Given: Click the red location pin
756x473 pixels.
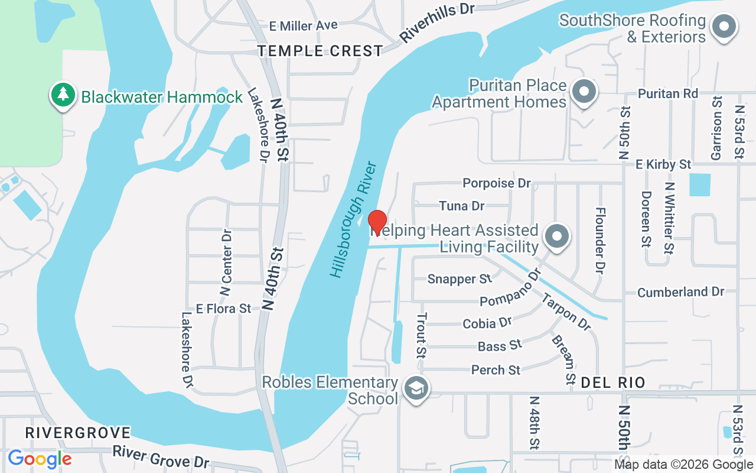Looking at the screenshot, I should tap(377, 222).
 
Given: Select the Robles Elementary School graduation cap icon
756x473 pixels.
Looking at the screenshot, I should tap(417, 389).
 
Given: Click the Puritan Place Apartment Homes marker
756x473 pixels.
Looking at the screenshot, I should tap(584, 92).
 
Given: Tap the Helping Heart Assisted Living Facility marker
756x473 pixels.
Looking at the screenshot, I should tap(556, 236).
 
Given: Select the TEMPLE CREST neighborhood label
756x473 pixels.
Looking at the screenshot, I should tap(321, 51).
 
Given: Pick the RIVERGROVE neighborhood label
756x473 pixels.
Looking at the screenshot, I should tap(77, 433).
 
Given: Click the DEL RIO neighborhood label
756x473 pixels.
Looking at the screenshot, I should tap(612, 383).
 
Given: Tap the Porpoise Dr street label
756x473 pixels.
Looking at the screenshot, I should tap(497, 183).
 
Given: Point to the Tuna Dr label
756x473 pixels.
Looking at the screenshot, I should tap(462, 206).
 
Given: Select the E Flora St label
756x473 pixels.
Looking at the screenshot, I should tap(224, 309).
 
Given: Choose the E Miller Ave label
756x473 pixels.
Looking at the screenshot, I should tap(304, 25).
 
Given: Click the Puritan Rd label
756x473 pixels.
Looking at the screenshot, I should tap(668, 93).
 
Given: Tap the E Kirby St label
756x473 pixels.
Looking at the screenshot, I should tap(663, 164).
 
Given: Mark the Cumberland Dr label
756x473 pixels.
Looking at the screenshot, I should tap(680, 292).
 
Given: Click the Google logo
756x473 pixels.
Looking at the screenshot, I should tap(40, 459).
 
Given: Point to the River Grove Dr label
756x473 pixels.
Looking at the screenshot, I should tap(161, 456).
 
